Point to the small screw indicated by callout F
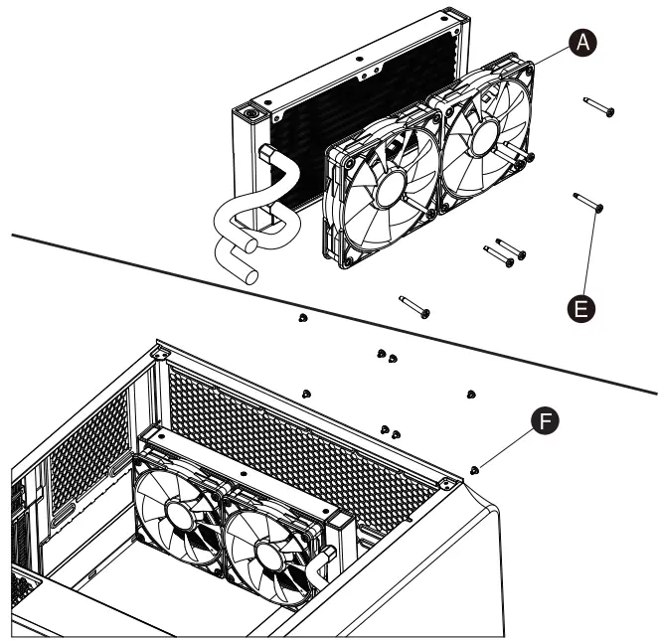[475, 466]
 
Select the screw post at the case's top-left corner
[159, 352]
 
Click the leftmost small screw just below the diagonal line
[302, 318]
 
